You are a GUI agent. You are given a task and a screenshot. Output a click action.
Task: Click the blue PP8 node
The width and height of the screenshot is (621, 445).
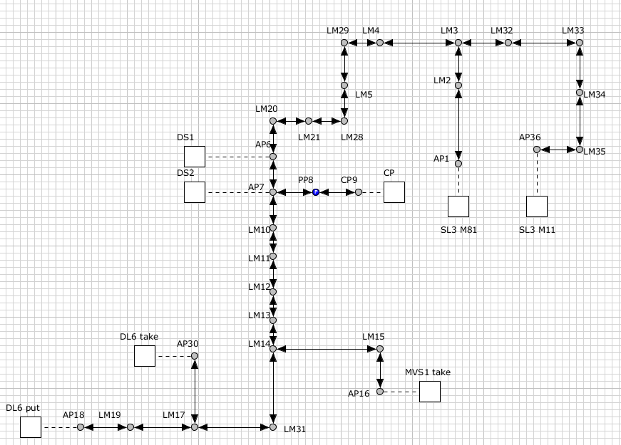[316, 192]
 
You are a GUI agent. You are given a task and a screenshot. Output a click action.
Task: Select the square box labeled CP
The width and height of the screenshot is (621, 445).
[394, 192]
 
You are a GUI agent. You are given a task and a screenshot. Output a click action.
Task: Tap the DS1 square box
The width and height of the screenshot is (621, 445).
[195, 157]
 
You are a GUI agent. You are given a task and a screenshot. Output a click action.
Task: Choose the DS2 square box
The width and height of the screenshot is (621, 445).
[195, 192]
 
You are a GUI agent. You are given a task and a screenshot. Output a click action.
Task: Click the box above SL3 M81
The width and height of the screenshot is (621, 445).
[458, 206]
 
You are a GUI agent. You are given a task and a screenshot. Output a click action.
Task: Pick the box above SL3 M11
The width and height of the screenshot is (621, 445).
[537, 206]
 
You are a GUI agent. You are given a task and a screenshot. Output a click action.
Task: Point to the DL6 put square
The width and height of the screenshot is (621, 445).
[31, 427]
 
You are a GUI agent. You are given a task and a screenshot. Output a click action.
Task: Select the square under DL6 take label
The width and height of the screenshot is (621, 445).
[145, 356]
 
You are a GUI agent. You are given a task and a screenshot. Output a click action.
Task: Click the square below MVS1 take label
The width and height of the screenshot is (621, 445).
[430, 392]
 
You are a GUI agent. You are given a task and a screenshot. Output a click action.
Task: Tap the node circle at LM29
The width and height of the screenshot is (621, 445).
[344, 43]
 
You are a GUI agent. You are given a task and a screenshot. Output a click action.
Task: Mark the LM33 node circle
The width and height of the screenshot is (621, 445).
[580, 43]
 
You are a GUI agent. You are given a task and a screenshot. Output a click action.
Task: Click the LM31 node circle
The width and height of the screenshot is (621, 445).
[273, 427]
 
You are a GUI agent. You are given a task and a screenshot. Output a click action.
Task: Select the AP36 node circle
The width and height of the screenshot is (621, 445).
[537, 150]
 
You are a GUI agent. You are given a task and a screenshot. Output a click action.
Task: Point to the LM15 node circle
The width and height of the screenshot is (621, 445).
[380, 349]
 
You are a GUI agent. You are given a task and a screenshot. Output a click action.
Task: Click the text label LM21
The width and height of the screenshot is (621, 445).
[309, 137]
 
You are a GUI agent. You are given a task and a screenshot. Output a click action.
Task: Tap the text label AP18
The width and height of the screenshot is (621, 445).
[73, 414]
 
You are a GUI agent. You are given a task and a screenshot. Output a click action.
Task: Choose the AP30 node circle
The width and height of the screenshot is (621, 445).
[195, 356]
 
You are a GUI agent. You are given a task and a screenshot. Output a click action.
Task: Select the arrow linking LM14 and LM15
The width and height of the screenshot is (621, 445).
[327, 349]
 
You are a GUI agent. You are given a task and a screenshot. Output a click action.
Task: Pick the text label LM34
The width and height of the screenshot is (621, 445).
[594, 94]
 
